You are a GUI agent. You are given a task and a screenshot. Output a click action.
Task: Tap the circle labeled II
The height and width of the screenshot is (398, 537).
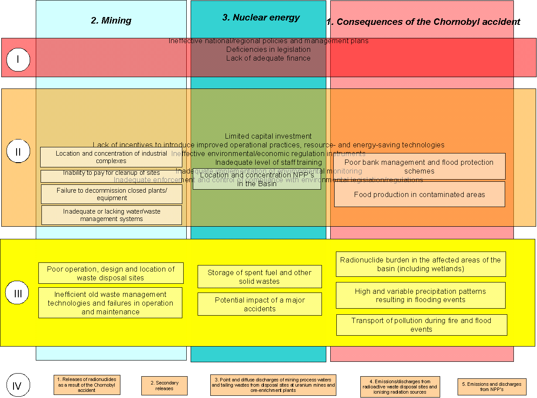pyautogui.click(x=18, y=151)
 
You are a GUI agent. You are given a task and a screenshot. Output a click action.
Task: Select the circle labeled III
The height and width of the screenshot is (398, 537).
pyautogui.click(x=17, y=293)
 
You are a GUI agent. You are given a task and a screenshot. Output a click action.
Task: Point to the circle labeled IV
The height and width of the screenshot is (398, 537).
pyautogui.click(x=17, y=385)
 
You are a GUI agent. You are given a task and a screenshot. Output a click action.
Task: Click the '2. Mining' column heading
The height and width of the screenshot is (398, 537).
pyautogui.click(x=111, y=20)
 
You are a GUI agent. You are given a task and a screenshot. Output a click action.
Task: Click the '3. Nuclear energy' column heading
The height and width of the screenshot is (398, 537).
pyautogui.click(x=261, y=17)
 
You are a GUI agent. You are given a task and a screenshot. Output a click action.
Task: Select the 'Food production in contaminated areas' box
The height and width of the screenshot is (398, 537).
pyautogui.click(x=419, y=194)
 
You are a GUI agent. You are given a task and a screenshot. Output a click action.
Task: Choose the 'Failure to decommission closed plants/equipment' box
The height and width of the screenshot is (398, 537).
pyautogui.click(x=111, y=194)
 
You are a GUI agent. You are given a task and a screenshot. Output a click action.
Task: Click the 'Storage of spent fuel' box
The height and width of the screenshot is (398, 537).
pyautogui.click(x=260, y=277)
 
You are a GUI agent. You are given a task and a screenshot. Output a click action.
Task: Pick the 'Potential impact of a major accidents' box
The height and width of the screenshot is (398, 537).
pyautogui.click(x=260, y=304)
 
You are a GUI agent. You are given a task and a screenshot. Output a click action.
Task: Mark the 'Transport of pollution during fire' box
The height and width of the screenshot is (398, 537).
pyautogui.click(x=421, y=325)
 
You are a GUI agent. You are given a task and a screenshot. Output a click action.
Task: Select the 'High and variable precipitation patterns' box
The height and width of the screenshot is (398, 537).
pyautogui.click(x=420, y=295)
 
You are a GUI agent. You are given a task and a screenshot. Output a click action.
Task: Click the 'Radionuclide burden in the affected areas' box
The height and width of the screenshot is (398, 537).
pyautogui.click(x=421, y=264)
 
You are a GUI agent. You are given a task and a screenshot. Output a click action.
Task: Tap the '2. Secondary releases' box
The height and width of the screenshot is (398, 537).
pyautogui.click(x=164, y=386)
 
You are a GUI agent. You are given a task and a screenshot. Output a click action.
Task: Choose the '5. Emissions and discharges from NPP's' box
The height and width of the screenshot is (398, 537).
pyautogui.click(x=492, y=387)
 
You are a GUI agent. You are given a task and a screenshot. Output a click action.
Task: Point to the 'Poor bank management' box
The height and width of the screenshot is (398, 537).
pyautogui.click(x=419, y=166)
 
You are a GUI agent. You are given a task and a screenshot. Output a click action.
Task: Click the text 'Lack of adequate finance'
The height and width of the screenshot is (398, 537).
pyautogui.click(x=268, y=58)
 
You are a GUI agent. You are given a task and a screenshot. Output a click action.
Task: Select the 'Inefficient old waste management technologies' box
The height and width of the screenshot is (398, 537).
pyautogui.click(x=110, y=303)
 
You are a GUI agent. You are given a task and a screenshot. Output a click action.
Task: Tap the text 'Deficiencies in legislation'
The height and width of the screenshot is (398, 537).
pyautogui.click(x=268, y=49)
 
